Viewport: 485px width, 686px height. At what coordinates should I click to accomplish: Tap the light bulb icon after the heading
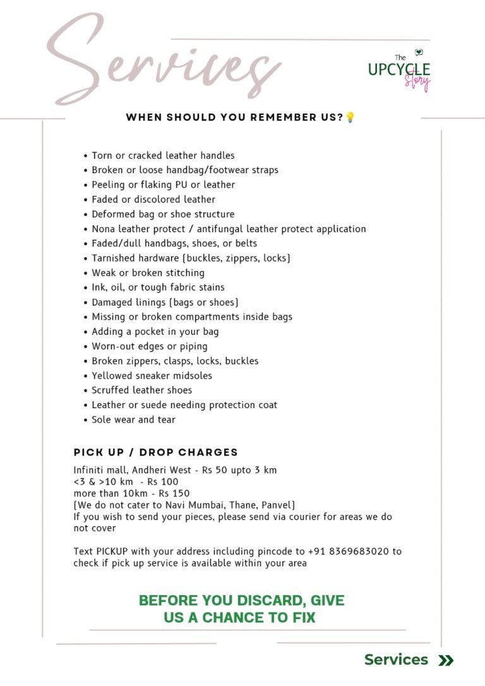350,117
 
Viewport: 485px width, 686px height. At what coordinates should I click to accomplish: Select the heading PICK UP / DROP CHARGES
155,452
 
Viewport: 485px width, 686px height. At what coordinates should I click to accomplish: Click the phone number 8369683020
360,551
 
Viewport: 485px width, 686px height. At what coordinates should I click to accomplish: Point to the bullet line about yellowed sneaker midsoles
152,376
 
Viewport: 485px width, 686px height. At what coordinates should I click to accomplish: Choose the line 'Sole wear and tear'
133,419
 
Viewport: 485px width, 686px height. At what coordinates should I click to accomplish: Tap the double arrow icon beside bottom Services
446,661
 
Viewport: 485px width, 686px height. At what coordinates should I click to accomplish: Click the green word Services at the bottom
396,660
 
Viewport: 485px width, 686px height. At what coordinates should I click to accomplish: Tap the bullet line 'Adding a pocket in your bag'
155,332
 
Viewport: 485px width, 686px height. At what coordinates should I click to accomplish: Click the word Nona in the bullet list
104,229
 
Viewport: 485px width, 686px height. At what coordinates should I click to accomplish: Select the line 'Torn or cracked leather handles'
163,155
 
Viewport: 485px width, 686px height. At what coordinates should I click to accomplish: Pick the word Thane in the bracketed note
241,505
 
